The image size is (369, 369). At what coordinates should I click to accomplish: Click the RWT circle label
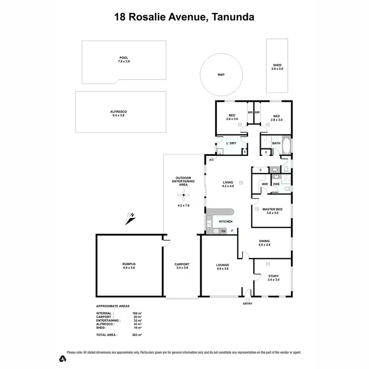pyautogui.click(x=221, y=75)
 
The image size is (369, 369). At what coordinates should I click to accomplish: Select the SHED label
pyautogui.click(x=277, y=67)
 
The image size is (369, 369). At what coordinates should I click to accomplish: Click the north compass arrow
pyautogui.click(x=130, y=218)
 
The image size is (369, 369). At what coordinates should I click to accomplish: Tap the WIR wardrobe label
pyautogui.click(x=265, y=184)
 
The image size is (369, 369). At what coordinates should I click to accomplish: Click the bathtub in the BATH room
pyautogui.click(x=287, y=146)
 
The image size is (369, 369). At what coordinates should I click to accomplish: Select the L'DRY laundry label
pyautogui.click(x=231, y=143)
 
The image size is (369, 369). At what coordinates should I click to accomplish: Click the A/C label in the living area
pyautogui.click(x=211, y=160)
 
